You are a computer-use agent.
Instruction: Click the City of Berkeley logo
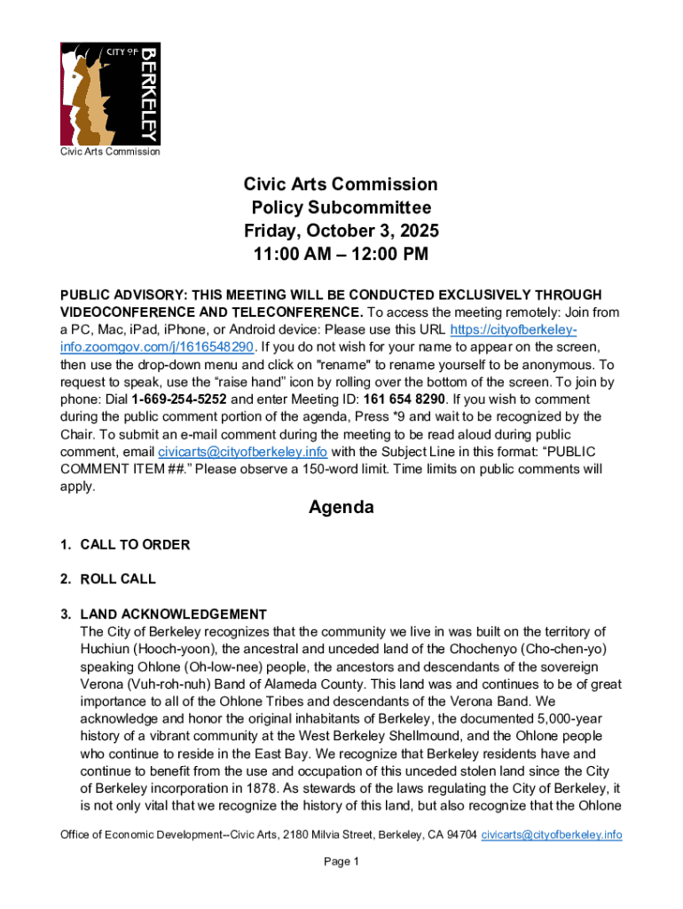(110, 93)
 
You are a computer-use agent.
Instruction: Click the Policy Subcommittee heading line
(341, 208)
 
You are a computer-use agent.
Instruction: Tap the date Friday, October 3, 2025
(341, 232)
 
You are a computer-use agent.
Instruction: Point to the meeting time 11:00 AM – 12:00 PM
(341, 256)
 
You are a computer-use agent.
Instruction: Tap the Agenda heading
(341, 508)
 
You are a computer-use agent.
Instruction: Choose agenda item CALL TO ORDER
(135, 544)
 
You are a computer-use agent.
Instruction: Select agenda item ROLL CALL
(118, 579)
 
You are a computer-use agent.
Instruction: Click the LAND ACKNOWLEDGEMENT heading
(173, 614)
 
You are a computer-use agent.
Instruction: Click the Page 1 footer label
(341, 862)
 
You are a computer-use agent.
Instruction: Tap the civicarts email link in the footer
(551, 835)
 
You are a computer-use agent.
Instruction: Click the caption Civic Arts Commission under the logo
(110, 152)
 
